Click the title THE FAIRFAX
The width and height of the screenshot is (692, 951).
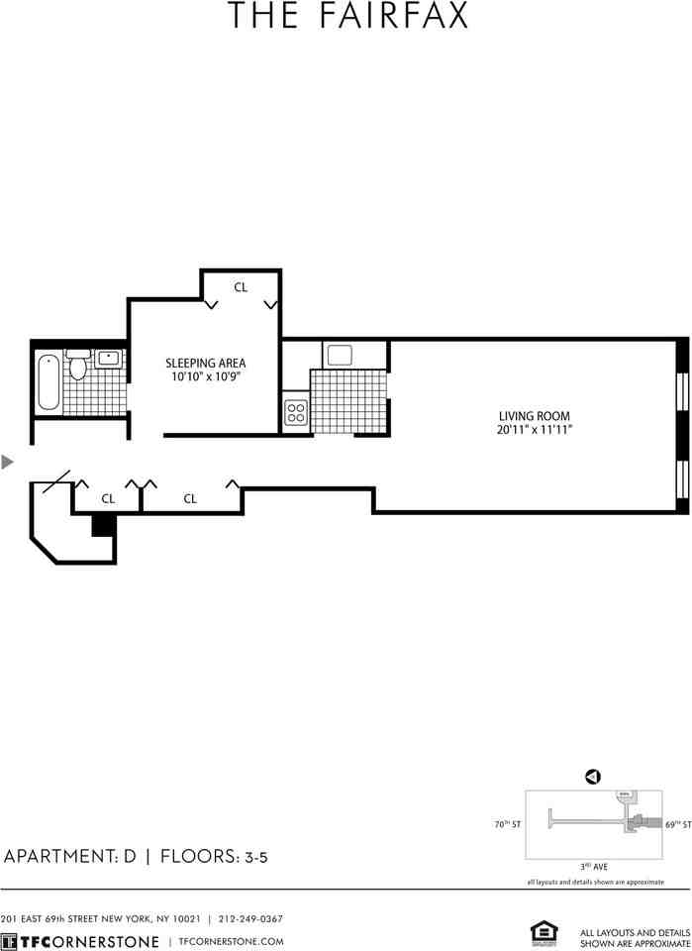tap(346, 17)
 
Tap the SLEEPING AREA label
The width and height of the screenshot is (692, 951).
tap(205, 363)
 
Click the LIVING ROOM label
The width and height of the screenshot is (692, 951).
tap(535, 416)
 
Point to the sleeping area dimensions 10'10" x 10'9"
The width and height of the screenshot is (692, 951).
tap(205, 377)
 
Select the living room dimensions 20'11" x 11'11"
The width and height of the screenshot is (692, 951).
tap(535, 430)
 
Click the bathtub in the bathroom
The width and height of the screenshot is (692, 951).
tap(49, 381)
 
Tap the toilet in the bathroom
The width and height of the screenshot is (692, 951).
tap(78, 366)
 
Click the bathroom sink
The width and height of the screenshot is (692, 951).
tap(109, 358)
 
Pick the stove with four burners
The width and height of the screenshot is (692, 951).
tap(296, 411)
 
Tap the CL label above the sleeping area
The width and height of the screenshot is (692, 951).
tap(241, 287)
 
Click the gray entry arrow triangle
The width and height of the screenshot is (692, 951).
tap(9, 462)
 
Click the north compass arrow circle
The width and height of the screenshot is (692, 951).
tap(593, 778)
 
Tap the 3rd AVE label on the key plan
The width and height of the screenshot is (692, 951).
tap(594, 866)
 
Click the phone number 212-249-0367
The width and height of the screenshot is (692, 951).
tap(248, 918)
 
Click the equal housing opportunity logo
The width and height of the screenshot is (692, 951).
tap(544, 933)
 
